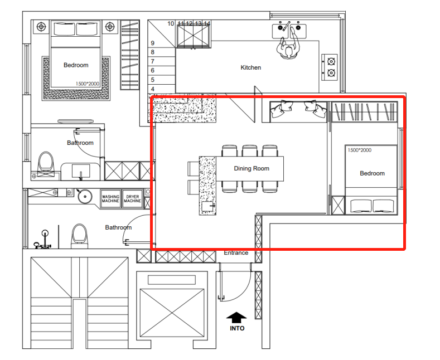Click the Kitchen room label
[250, 67]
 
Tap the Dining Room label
[252, 168]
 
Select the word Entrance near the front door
[236, 252]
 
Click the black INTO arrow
[236, 318]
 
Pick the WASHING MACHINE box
[110, 199]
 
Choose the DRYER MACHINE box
[133, 199]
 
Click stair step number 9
[153, 43]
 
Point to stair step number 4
[153, 89]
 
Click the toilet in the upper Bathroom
[46, 164]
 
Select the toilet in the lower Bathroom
[79, 236]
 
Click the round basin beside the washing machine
[84, 196]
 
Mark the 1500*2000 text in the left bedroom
[87, 84]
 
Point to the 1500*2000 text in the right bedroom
[360, 150]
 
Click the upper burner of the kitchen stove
[331, 61]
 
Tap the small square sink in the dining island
[208, 206]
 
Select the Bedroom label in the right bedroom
[372, 173]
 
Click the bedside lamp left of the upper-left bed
[41, 27]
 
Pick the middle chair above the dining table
[250, 150]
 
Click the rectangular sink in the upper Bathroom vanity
[81, 171]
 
